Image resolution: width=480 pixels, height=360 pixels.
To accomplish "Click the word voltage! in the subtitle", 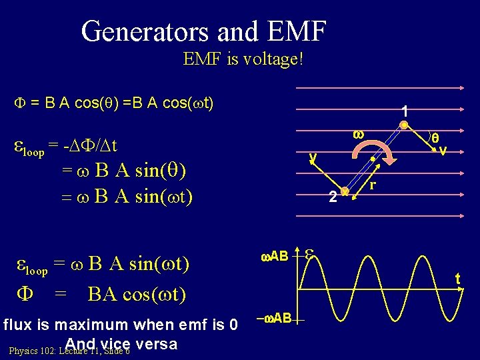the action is (274, 59).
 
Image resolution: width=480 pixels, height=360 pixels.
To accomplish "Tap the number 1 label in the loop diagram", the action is (405, 111).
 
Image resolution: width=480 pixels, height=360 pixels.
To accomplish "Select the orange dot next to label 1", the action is (404, 124).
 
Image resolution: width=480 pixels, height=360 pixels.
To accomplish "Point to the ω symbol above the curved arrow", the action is (358, 133).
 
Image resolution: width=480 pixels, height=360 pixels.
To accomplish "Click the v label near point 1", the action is (442, 150).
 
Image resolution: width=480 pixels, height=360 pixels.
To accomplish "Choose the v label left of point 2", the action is (311, 157).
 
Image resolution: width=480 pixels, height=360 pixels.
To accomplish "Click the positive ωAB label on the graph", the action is (273, 256).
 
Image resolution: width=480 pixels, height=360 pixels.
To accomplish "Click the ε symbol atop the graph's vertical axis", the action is (310, 253).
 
